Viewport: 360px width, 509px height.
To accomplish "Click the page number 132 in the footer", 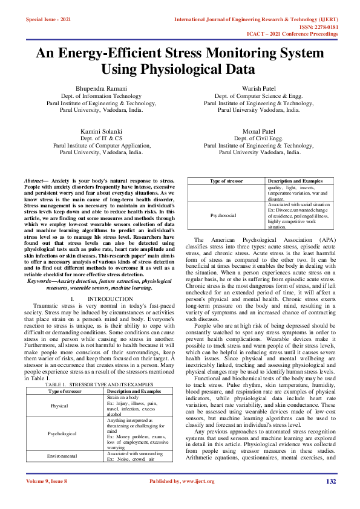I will [x=330, y=498].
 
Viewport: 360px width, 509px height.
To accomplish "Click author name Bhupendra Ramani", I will [x=102, y=89].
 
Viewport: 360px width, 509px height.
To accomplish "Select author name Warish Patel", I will [x=258, y=88].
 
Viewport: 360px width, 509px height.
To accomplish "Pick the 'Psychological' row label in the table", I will [x=59, y=451].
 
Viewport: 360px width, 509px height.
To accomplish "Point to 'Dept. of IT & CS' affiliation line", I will [x=102, y=138].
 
